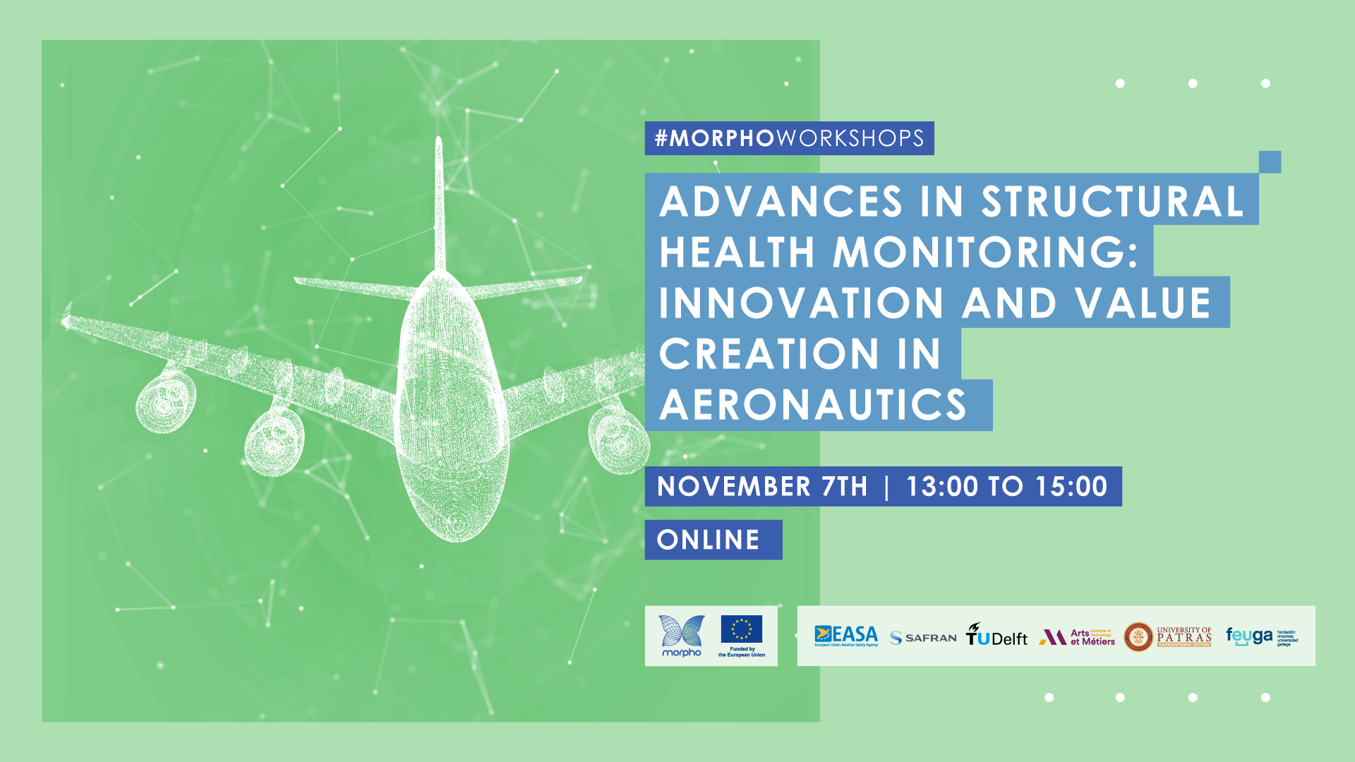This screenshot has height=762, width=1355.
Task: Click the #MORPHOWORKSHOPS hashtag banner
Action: [x=789, y=138]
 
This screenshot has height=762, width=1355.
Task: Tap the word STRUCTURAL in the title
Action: [x=1112, y=202]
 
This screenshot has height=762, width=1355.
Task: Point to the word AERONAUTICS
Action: [x=813, y=405]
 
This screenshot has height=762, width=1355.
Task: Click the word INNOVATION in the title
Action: [x=801, y=303]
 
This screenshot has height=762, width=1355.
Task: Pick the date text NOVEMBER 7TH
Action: [x=762, y=487]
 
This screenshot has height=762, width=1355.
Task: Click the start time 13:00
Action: [x=942, y=487]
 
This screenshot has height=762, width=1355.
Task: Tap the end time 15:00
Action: [x=1071, y=487]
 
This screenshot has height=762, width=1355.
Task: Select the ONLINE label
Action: [x=709, y=540]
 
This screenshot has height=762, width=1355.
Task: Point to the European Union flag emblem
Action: [x=741, y=629]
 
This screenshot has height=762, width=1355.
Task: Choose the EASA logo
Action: [x=846, y=636]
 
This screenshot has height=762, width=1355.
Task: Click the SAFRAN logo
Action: [x=923, y=638]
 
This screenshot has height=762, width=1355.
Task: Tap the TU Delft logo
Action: [x=996, y=636]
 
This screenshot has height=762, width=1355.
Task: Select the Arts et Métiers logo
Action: [x=1077, y=637]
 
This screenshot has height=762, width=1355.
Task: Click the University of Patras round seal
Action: [x=1138, y=637]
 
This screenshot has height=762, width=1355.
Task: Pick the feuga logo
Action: [x=1250, y=636]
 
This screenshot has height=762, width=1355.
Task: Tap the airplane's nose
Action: [x=457, y=522]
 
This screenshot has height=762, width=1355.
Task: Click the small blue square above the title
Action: [x=1270, y=162]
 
